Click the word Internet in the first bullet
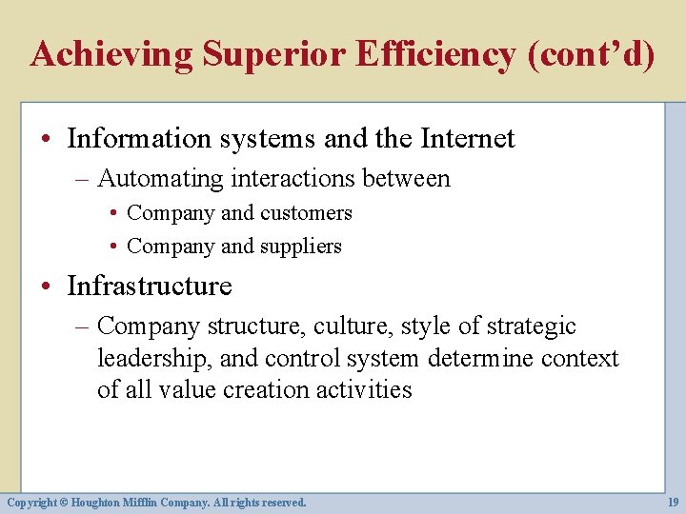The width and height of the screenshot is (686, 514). [465, 139]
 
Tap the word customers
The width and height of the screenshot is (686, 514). [306, 213]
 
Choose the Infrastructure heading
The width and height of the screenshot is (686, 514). [150, 286]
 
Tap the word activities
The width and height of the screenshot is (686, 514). [360, 390]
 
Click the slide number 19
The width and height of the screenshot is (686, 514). [673, 502]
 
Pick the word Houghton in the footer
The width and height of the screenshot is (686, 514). [94, 502]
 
